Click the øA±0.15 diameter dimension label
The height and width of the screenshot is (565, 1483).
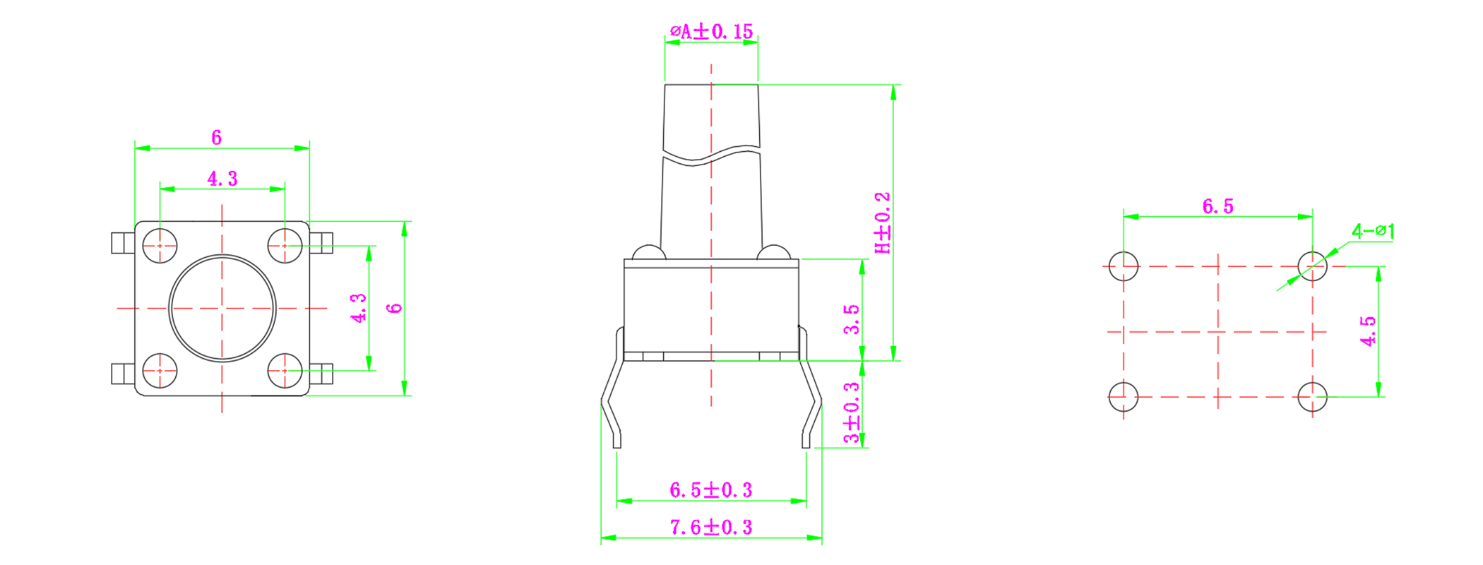(711, 31)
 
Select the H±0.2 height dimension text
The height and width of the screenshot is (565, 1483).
(883, 222)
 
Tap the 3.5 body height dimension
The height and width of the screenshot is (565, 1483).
(852, 319)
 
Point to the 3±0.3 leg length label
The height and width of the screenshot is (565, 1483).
(852, 412)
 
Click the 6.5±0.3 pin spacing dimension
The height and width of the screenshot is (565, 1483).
(710, 489)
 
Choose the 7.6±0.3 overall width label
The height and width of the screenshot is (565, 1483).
(710, 527)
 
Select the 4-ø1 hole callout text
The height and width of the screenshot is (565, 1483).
(1373, 231)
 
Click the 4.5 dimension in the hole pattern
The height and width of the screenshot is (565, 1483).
(1369, 331)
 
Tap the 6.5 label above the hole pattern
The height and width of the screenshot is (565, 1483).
(1217, 206)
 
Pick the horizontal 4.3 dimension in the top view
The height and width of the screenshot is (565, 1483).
(222, 179)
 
